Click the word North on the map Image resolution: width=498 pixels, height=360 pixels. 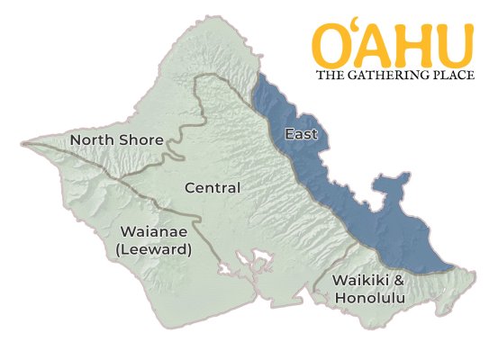[x=92, y=140]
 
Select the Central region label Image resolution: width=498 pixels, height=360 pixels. [x=212, y=188]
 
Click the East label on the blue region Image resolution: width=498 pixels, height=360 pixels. [x=300, y=135]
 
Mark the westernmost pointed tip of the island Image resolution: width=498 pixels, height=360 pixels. [x=24, y=142]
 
